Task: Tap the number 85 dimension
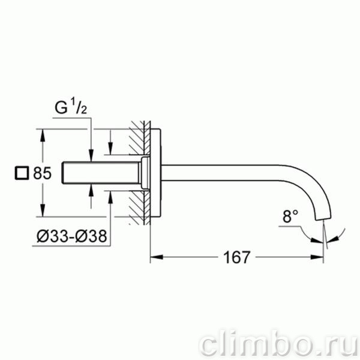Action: click(x=42, y=173)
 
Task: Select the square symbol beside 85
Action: click(x=22, y=173)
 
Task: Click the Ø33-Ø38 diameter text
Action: click(x=72, y=236)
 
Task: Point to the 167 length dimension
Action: click(x=236, y=257)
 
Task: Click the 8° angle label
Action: click(x=290, y=217)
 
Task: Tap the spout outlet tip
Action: click(x=323, y=218)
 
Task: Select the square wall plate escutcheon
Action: click(x=155, y=173)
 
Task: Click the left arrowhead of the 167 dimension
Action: click(x=157, y=257)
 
